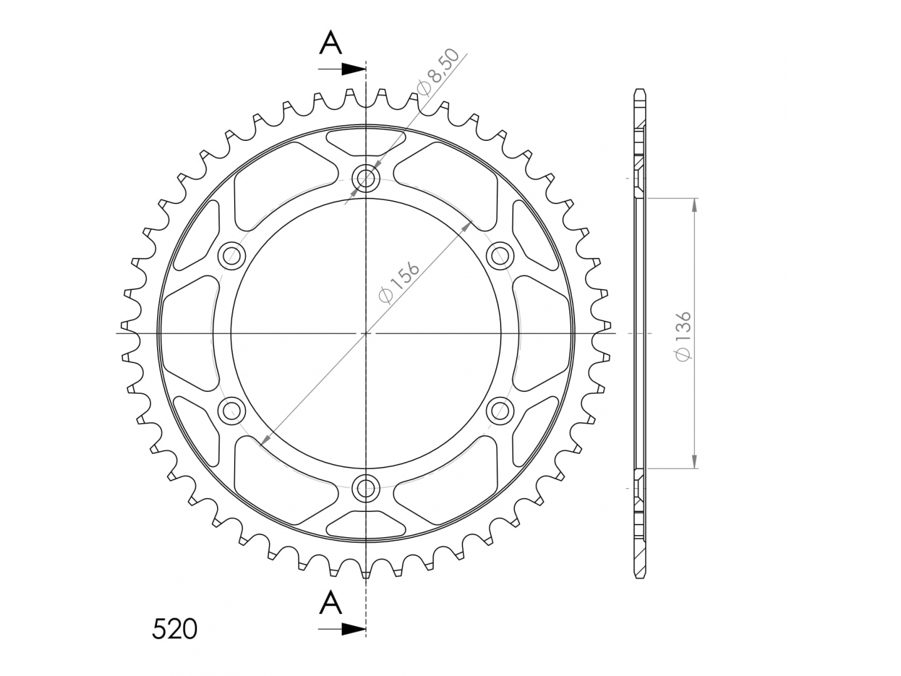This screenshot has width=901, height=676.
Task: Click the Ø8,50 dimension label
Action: tap(437, 73)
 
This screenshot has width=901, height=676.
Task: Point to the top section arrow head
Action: tap(354, 69)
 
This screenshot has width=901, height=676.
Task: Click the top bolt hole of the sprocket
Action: tap(366, 178)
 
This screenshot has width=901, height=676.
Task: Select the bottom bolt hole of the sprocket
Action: tap(366, 488)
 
